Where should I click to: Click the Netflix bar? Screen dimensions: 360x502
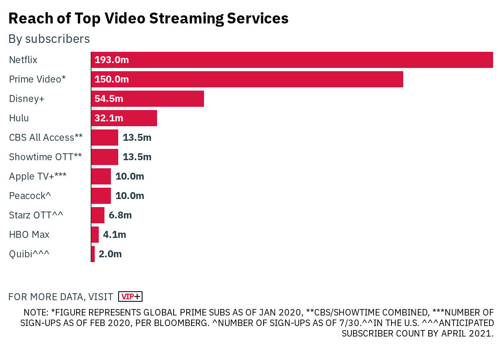pyautogui.click(x=291, y=60)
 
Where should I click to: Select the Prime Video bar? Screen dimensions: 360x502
pyautogui.click(x=247, y=79)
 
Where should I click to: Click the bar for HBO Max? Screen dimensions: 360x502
pyautogui.click(x=95, y=235)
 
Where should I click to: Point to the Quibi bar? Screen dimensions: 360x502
pyautogui.click(x=93, y=254)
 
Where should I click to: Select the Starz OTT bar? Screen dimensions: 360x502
pyautogui.click(x=98, y=215)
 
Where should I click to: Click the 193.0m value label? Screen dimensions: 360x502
pyautogui.click(x=111, y=60)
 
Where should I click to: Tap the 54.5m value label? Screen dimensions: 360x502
pyautogui.click(x=109, y=99)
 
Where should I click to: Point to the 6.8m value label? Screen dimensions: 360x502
pyautogui.click(x=120, y=215)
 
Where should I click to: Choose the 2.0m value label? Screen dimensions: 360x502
pyautogui.click(x=110, y=254)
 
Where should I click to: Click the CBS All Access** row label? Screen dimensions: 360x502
pyautogui.click(x=46, y=138)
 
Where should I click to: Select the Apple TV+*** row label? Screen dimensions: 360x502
pyautogui.click(x=38, y=176)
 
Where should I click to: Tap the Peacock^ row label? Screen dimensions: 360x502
pyautogui.click(x=30, y=196)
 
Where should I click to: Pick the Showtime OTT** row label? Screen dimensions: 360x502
pyautogui.click(x=45, y=157)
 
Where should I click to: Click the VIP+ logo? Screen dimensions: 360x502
pyautogui.click(x=130, y=296)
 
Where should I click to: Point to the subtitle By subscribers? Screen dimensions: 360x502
pyautogui.click(x=49, y=39)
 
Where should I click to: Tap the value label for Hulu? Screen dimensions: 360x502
pyautogui.click(x=109, y=118)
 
